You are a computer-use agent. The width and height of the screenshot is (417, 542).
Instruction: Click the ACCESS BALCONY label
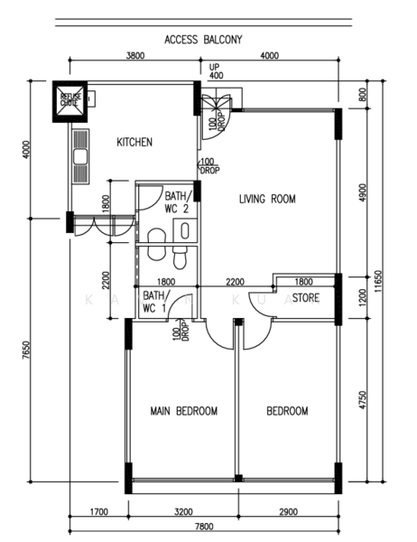click(x=202, y=40)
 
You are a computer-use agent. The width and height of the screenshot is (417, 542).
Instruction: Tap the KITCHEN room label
click(x=134, y=142)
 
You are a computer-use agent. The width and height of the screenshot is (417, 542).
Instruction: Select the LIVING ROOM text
click(x=267, y=199)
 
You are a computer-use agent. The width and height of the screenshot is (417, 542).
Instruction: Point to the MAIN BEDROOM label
click(x=183, y=411)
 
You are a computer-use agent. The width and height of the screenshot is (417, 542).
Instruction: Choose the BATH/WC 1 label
click(x=154, y=302)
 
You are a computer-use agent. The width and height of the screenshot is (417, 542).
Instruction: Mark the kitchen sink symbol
click(x=79, y=159)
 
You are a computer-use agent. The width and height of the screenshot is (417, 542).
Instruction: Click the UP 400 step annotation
click(x=215, y=71)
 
